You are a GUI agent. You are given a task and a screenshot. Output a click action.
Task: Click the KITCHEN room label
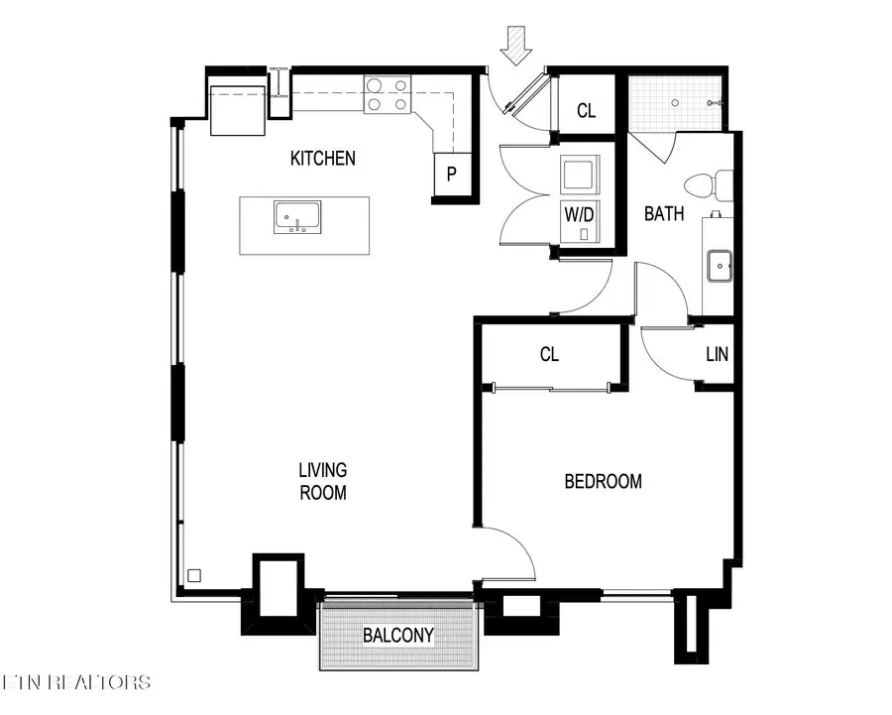click(x=322, y=158)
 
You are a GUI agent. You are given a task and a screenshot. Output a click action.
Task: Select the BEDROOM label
click(x=603, y=482)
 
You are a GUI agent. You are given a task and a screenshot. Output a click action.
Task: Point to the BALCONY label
click(x=397, y=635)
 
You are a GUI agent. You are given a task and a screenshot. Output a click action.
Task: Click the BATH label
click(x=664, y=213)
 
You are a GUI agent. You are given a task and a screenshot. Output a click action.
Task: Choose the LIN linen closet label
click(x=718, y=354)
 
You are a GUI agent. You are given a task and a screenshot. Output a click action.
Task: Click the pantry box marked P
click(x=451, y=175)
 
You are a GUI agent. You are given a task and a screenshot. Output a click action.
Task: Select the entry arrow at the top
click(x=515, y=46)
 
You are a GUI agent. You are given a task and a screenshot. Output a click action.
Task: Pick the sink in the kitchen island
click(x=297, y=216)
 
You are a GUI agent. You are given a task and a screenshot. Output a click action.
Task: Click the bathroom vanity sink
click(x=719, y=264)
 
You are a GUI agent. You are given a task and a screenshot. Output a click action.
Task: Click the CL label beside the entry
click(x=587, y=111)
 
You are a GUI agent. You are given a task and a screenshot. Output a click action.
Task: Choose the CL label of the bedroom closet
click(x=550, y=354)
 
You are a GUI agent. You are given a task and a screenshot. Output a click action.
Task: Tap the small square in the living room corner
click(x=194, y=574)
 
